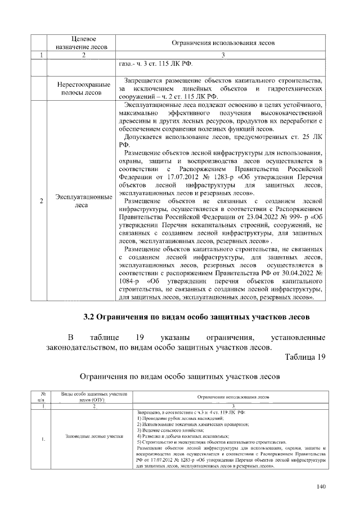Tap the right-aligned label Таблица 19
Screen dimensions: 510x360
tap(305, 357)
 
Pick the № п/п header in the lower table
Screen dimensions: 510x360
tap(43, 396)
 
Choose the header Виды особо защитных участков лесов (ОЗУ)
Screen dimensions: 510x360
tap(91, 396)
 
